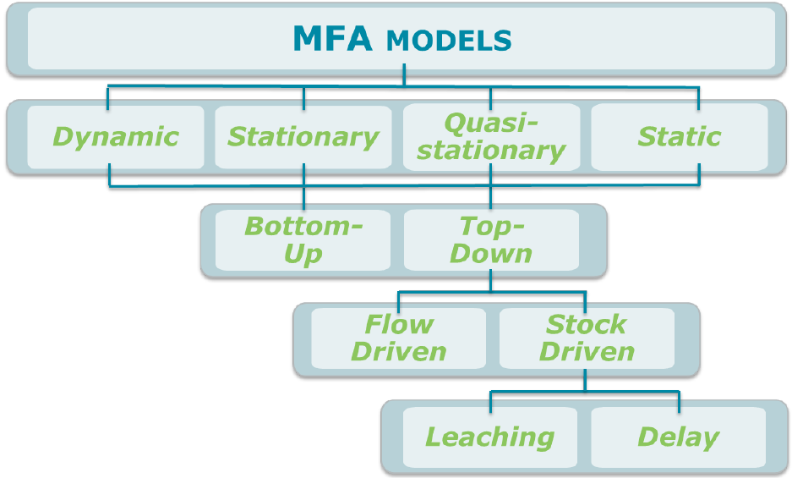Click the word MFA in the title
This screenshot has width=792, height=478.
click(332, 40)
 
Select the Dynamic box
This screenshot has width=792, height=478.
click(116, 137)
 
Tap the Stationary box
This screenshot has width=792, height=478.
click(303, 137)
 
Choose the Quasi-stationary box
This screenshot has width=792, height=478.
click(491, 137)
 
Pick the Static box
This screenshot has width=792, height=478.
click(679, 137)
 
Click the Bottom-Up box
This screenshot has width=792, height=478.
click(303, 240)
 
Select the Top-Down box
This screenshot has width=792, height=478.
click(491, 240)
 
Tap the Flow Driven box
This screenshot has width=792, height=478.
click(398, 338)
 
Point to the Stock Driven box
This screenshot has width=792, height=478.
click(587, 338)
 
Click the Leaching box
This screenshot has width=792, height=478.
click(489, 437)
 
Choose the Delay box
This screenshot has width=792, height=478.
click(678, 437)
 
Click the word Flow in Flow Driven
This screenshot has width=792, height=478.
click(399, 324)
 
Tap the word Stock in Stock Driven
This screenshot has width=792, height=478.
click(587, 324)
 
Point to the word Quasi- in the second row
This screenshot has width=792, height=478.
click(491, 124)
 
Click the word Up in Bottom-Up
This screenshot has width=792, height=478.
click(303, 254)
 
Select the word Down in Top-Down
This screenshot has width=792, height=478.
click(491, 254)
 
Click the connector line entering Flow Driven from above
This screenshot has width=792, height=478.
click(398, 300)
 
